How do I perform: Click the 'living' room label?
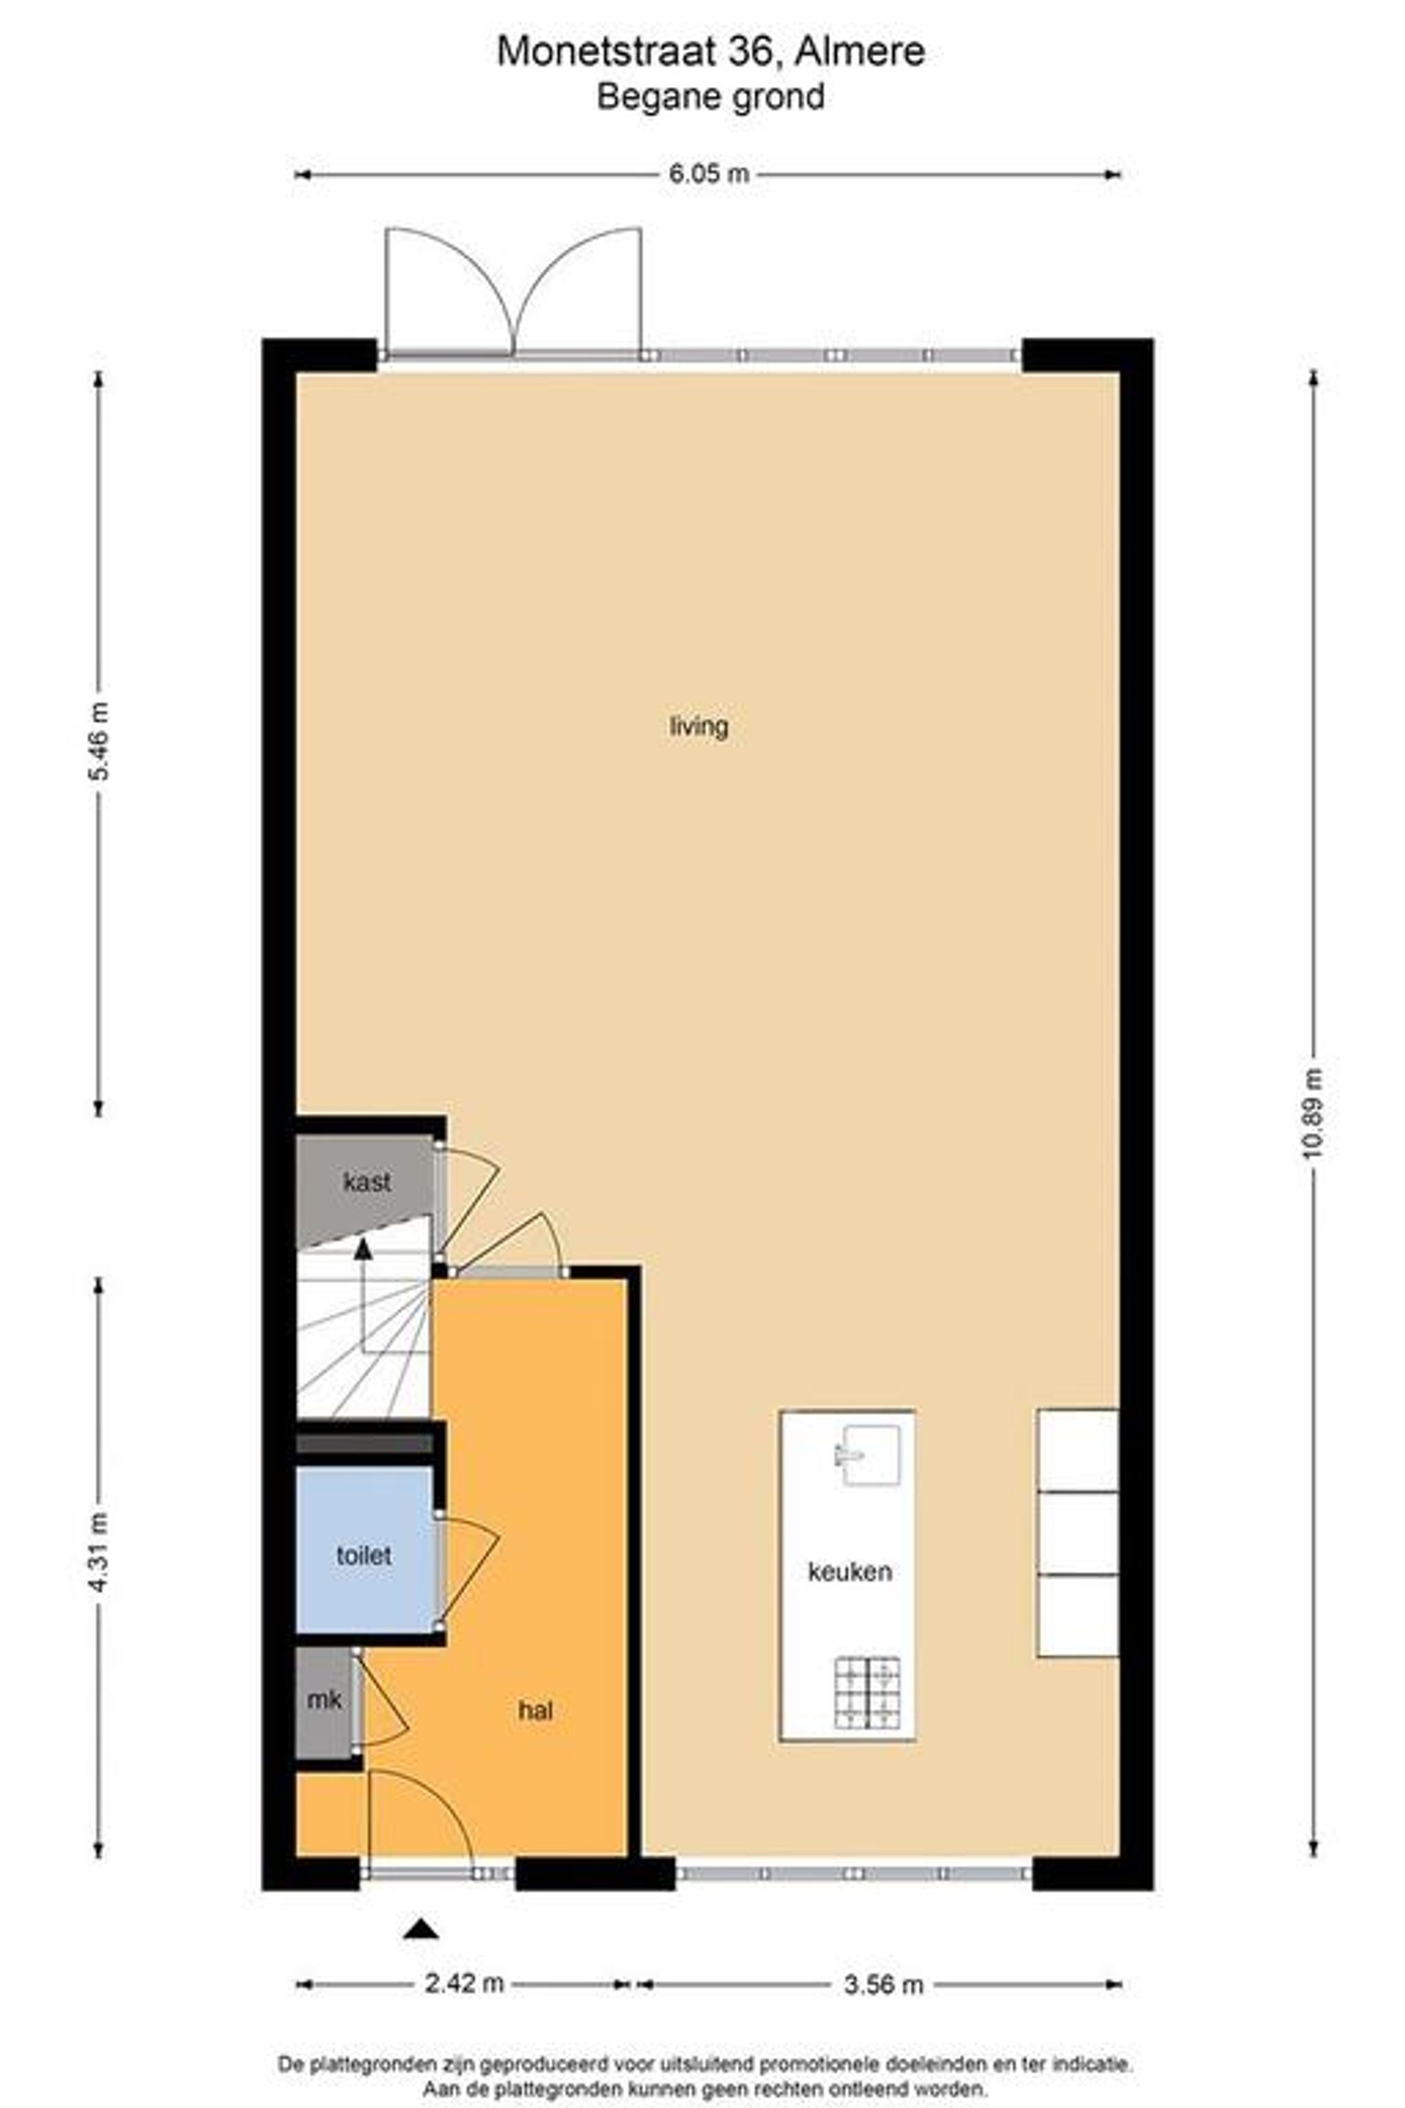tap(699, 726)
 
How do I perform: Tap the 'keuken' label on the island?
tap(850, 1571)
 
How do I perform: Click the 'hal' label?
tap(535, 1710)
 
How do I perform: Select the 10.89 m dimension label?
tap(1313, 1113)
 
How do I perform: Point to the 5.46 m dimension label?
tap(99, 742)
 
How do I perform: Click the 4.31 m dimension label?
tap(99, 1552)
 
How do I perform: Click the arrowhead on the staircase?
tap(363, 1249)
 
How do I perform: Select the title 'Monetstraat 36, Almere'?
tap(710, 51)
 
